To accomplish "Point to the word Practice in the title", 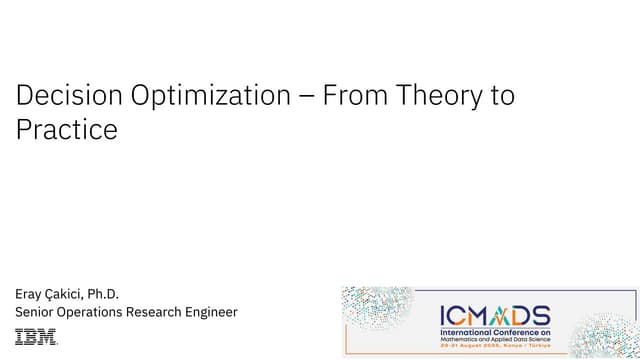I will click(x=66, y=130).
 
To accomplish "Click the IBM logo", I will click(x=36, y=337).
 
